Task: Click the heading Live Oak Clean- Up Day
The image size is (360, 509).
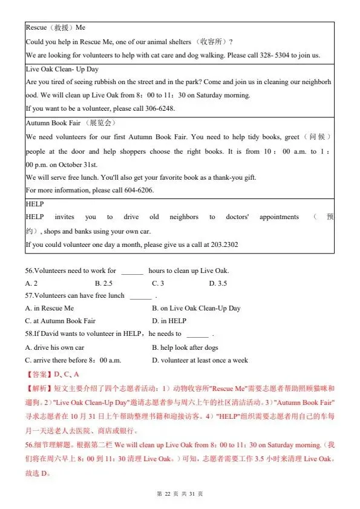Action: [58, 69]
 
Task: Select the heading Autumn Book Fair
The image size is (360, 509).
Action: [53, 123]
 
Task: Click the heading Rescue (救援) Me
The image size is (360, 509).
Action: [55, 28]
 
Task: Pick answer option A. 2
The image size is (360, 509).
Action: [31, 283]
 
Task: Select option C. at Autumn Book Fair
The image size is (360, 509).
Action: [61, 321]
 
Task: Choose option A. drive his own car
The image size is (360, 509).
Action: [55, 347]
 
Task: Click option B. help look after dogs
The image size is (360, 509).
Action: [185, 347]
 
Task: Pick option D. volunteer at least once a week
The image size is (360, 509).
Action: [200, 360]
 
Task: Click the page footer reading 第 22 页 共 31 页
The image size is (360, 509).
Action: [180, 494]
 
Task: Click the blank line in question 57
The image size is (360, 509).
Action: [140, 297]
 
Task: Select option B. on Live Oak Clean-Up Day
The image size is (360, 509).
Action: [196, 308]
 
